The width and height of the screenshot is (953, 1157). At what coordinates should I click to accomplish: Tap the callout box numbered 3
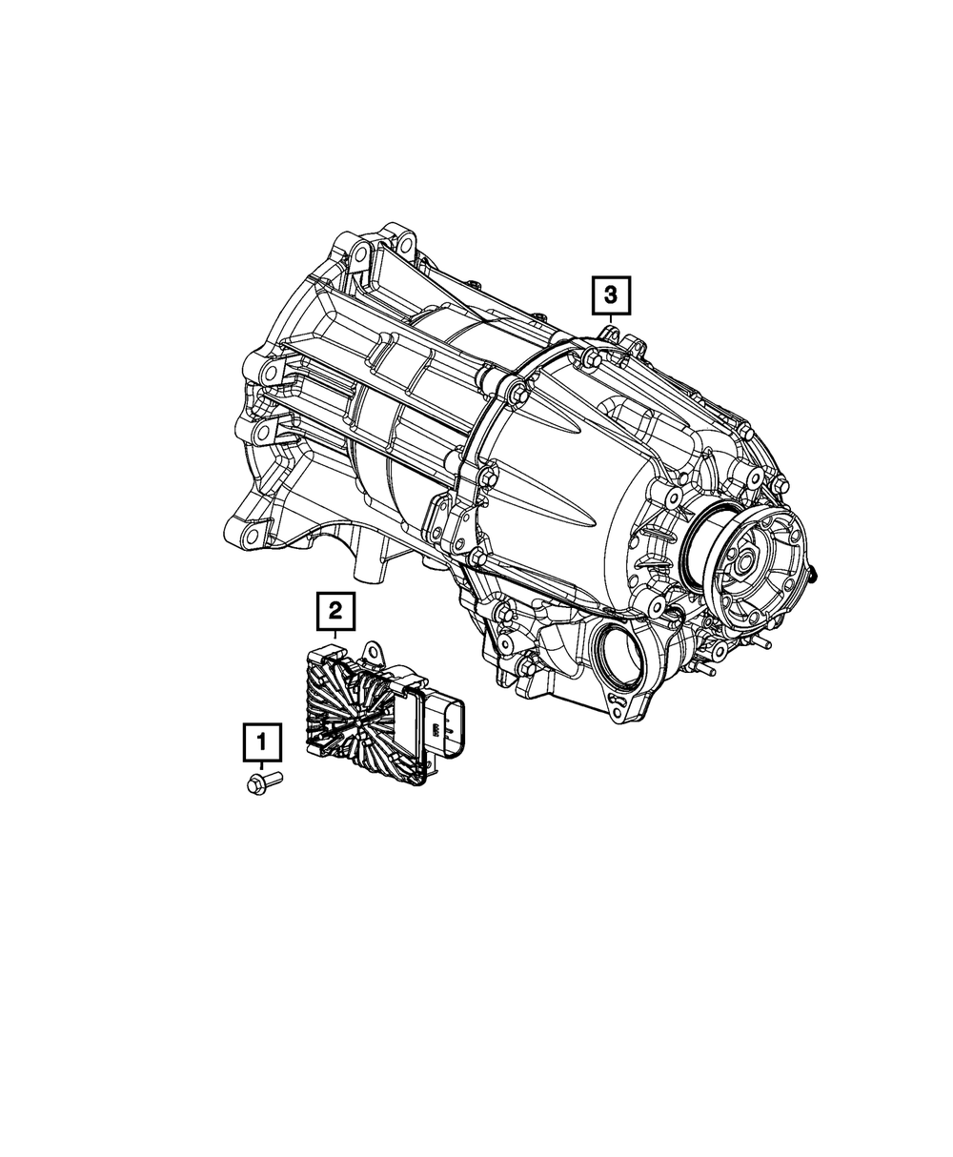[610, 296]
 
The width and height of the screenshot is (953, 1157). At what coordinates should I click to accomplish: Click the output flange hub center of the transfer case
[746, 566]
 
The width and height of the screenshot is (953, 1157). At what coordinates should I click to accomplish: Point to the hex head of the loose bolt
[254, 785]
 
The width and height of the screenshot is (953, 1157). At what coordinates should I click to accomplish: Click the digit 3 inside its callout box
[610, 296]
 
